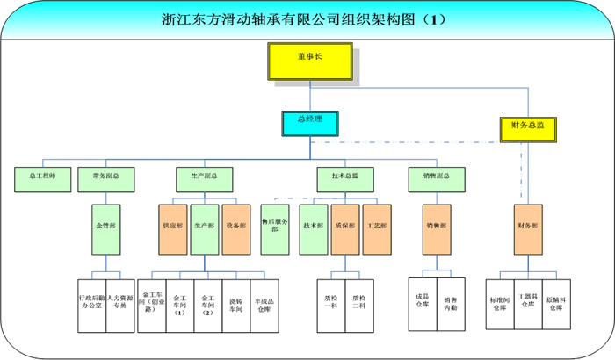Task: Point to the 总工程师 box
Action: [x=42, y=176]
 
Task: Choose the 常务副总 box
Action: [x=105, y=176]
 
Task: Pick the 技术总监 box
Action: [x=344, y=176]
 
